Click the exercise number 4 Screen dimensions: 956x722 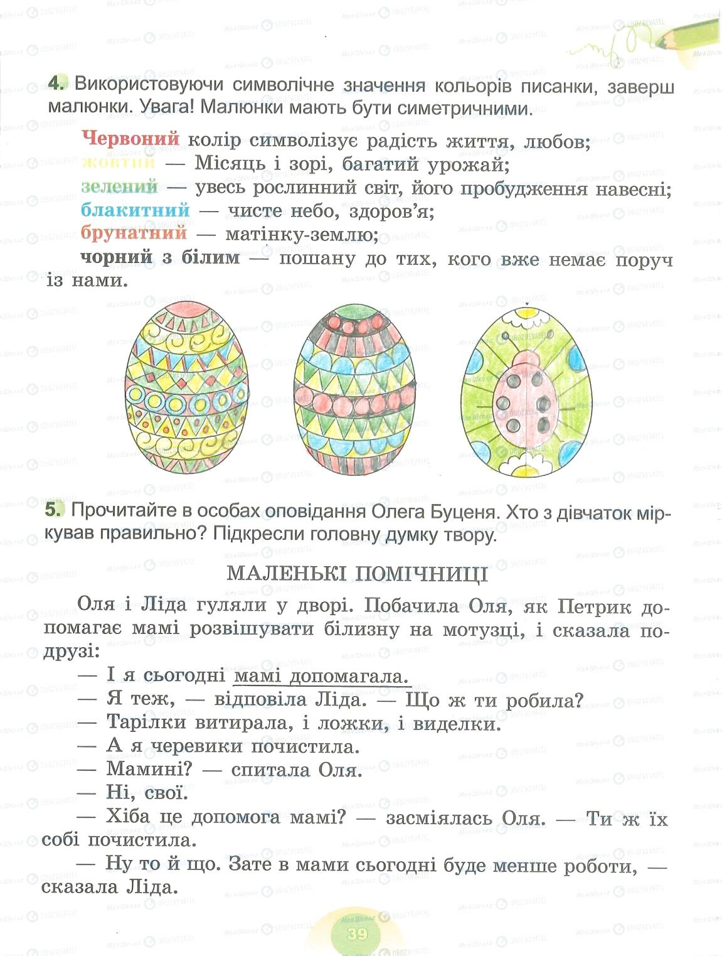click(56, 84)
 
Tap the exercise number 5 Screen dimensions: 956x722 click(55, 510)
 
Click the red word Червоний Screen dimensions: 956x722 click(130, 139)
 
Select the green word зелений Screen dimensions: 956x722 click(119, 186)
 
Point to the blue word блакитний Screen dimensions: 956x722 click(135, 210)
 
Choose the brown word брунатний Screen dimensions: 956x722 click(134, 233)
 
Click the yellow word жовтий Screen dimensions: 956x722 click(118, 163)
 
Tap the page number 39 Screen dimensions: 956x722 click(357, 933)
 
